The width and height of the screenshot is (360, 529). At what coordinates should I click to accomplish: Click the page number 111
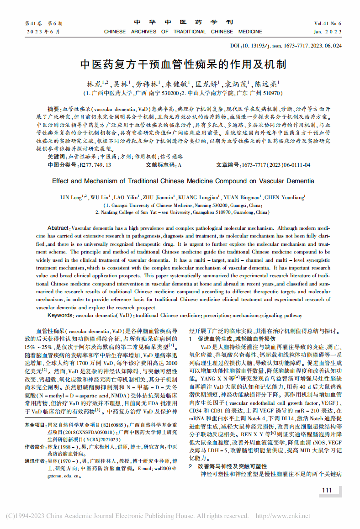(327, 490)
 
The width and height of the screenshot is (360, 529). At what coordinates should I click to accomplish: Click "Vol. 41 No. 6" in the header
(328, 23)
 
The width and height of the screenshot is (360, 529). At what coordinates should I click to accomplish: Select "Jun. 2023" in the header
(328, 32)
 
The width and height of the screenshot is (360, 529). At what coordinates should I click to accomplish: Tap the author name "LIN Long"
(72, 197)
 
